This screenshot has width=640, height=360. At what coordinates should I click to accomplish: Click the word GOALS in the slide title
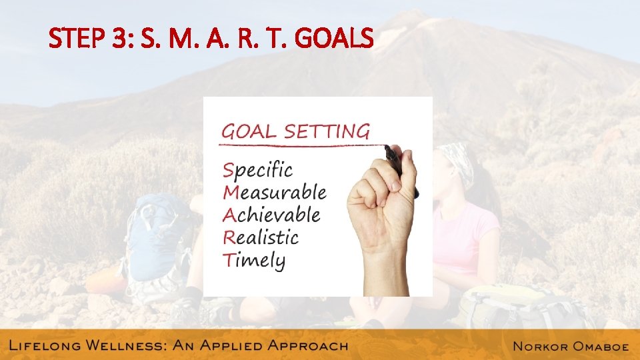point(334,41)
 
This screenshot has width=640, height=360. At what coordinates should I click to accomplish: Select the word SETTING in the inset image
point(327,131)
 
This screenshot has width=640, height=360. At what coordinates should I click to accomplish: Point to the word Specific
point(257,171)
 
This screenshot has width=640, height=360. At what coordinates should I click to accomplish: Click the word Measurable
point(275,193)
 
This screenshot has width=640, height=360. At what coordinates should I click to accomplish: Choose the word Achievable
point(271,215)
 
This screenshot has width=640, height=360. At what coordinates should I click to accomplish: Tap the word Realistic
point(261,237)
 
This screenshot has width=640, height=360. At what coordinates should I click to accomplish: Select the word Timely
point(254,260)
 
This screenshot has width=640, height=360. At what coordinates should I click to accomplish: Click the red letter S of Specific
point(228,170)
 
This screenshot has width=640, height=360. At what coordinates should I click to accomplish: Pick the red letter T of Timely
point(228,259)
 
